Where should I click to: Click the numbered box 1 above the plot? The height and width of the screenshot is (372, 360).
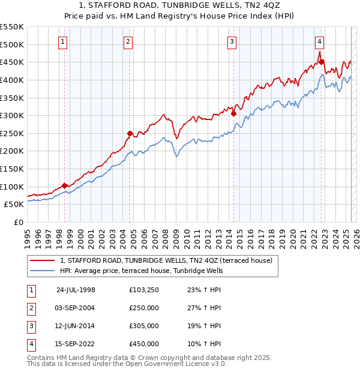(64, 41)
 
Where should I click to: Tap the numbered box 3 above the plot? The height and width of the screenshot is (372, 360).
(232, 41)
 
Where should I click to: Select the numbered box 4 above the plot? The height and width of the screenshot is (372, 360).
(319, 41)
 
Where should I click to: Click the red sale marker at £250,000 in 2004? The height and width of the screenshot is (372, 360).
(130, 133)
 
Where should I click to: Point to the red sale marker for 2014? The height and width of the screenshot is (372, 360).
(233, 113)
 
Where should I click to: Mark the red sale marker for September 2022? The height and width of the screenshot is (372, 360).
(321, 62)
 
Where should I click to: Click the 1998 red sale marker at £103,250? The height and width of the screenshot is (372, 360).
(65, 185)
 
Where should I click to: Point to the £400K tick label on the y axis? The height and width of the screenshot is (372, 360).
(12, 80)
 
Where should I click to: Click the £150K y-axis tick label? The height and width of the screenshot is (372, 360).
(12, 169)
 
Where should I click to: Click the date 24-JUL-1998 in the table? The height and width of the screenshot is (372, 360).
(76, 290)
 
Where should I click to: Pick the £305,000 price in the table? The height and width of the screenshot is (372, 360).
(144, 326)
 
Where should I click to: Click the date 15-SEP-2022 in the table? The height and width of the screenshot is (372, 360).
(76, 344)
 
